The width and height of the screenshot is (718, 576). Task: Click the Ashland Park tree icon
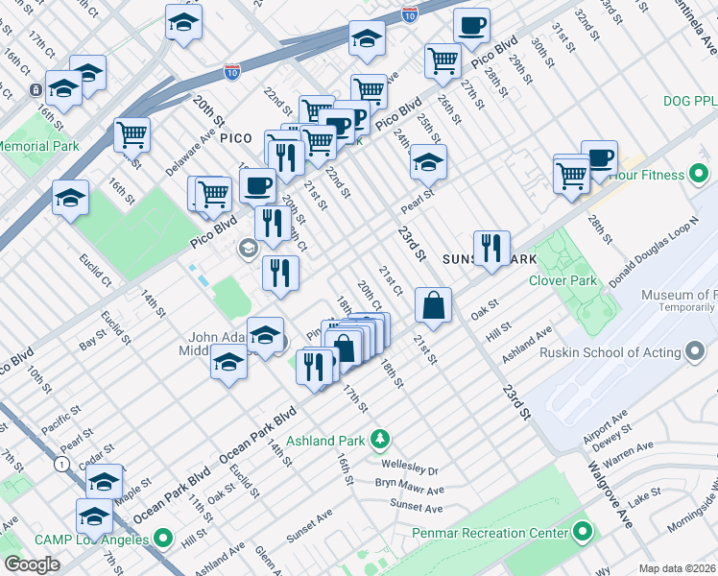tap(381, 440)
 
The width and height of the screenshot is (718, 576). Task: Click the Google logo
tap(32, 564)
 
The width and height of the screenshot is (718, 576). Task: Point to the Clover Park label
tap(562, 281)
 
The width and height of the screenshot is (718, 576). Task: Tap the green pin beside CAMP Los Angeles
tap(162, 539)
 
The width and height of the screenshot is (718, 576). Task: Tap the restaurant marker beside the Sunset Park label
tap(491, 249)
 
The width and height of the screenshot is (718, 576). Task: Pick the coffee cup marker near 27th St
tap(470, 26)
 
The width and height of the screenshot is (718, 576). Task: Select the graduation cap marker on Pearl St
tap(428, 162)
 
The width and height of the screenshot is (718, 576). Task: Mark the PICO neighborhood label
tap(236, 138)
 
